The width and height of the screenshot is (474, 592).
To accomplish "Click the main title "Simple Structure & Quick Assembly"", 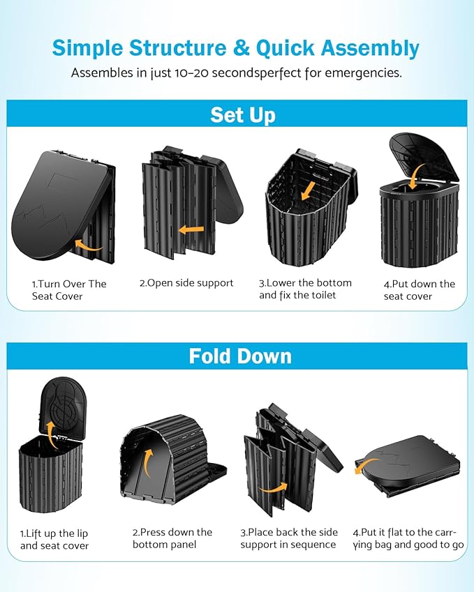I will [236, 47].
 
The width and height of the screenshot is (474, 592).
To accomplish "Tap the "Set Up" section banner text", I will [242, 114].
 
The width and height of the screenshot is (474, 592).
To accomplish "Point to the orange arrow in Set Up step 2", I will [191, 229].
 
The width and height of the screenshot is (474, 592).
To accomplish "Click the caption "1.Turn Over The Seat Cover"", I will [68, 290].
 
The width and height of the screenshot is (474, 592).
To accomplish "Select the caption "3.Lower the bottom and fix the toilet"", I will [305, 289].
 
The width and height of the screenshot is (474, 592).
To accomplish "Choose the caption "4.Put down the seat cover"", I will [419, 290].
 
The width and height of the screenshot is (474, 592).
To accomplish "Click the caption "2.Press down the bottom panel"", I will [172, 538].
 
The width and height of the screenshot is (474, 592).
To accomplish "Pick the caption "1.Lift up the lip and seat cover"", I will [54, 539].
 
